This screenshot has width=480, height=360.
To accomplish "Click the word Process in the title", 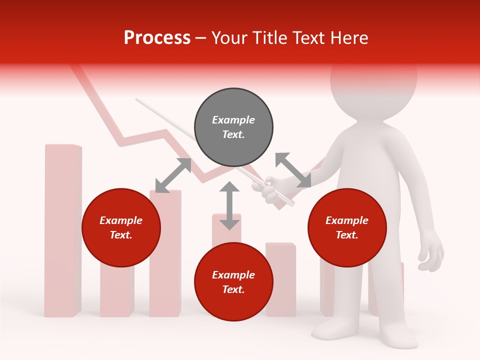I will click(x=157, y=38).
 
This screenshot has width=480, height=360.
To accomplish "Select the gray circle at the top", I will click(x=233, y=127).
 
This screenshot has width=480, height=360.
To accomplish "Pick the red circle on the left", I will click(x=121, y=228).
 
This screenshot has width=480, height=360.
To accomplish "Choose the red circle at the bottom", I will click(x=233, y=282).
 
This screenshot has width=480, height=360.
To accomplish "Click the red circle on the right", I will click(x=347, y=228).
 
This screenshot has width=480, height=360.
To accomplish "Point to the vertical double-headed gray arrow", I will click(x=229, y=205).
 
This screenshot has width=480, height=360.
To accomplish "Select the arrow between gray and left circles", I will click(x=173, y=175).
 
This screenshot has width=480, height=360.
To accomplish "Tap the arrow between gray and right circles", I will click(x=293, y=170).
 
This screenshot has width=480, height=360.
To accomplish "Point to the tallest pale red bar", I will click(x=63, y=230).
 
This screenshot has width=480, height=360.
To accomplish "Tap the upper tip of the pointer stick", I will click(x=137, y=100).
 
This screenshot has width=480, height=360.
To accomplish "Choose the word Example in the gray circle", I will click(x=233, y=120).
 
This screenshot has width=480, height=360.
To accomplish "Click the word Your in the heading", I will click(x=230, y=38).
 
